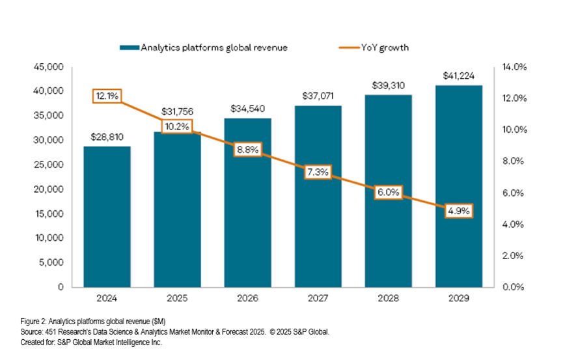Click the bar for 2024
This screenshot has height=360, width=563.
tap(107, 217)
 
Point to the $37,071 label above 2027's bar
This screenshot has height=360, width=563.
tap(318, 96)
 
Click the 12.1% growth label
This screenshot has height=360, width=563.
tap(106, 96)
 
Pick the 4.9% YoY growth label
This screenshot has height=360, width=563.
tap(458, 210)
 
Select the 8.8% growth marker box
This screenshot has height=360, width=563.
tap(247, 150)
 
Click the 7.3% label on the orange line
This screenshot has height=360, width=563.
tap(318, 173)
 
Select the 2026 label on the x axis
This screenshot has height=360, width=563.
tap(247, 299)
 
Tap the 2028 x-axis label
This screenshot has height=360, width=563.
tap(388, 299)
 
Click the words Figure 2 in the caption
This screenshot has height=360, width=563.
tap(29, 322)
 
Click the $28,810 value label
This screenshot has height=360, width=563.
tap(107, 137)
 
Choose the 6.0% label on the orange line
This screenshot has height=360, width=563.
tap(388, 193)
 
